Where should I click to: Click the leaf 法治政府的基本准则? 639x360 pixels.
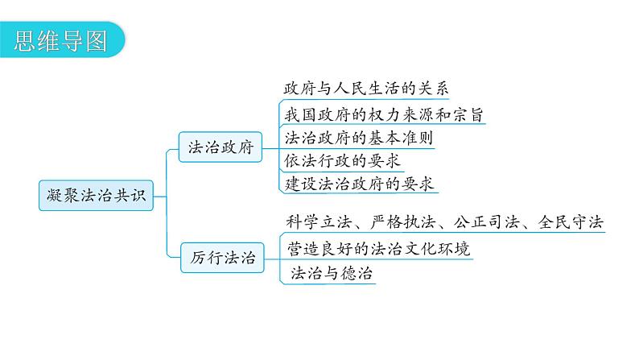coord(358,138)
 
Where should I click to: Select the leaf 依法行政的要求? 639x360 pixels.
coord(343,161)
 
